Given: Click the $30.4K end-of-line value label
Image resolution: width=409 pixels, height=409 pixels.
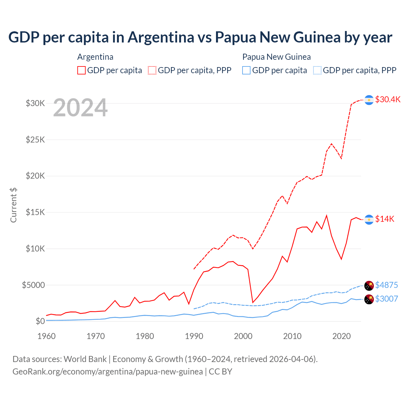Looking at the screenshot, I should [x=388, y=99].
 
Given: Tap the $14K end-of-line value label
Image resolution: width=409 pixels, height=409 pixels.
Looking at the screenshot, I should [x=385, y=219].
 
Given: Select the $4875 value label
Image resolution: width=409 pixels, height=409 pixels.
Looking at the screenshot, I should [x=386, y=285].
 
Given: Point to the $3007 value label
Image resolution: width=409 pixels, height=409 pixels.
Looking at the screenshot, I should [x=386, y=299].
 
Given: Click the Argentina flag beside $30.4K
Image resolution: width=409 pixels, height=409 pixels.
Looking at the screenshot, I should [x=369, y=100].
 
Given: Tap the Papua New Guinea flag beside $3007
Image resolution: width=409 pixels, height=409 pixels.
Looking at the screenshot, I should [x=369, y=299].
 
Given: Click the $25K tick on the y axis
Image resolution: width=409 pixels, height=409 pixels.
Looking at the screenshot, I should [x=35, y=140].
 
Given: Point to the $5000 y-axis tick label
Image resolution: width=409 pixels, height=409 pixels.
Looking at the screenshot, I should [x=33, y=285].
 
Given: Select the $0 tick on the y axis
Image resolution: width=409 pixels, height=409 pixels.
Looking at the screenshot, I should [x=40, y=321].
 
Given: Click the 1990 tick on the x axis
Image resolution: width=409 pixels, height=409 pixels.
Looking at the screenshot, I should [x=194, y=336].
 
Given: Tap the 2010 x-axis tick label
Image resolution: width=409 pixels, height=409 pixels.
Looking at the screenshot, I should [x=292, y=336].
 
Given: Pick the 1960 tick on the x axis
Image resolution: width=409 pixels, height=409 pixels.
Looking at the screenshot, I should [x=47, y=336].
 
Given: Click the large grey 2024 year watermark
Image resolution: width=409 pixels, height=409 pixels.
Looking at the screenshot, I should [x=80, y=108].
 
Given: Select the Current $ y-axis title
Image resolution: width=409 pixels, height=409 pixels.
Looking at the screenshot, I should [x=13, y=205].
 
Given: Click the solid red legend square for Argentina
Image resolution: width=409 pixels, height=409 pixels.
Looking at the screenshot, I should [x=81, y=70].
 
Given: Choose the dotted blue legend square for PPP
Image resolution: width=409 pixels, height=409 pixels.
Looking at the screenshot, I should [x=317, y=70].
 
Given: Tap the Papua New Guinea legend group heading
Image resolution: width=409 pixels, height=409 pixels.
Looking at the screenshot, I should [x=276, y=57].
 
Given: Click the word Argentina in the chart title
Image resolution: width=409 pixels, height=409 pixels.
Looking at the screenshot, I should [x=161, y=37].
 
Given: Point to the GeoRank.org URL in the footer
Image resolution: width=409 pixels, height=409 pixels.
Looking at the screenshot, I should [x=108, y=372].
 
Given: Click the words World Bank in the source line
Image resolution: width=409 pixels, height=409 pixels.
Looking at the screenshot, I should [x=85, y=359].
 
